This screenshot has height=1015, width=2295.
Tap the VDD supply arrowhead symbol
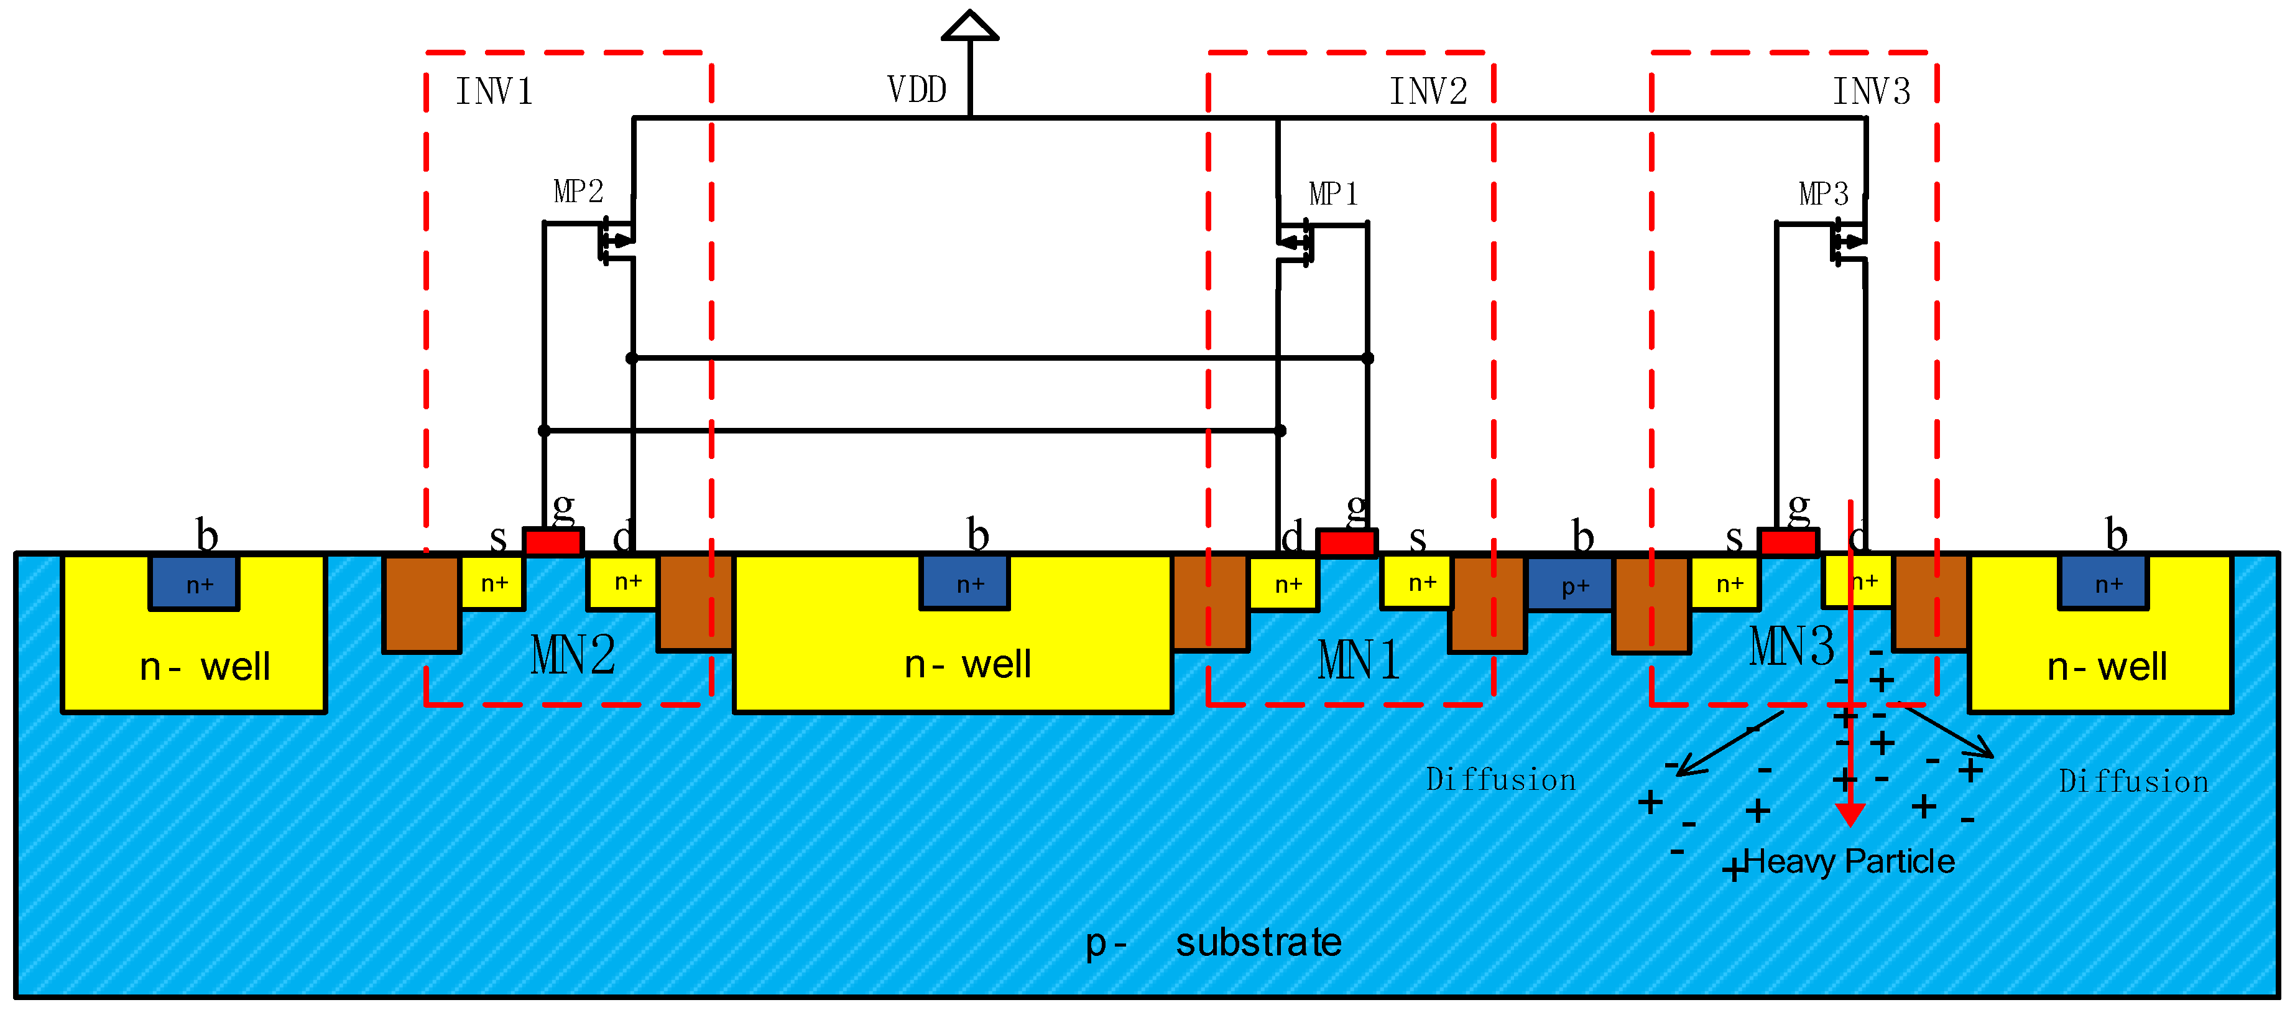pos(969,26)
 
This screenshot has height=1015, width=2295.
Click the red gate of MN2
pos(553,542)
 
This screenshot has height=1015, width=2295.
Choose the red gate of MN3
pos(1788,542)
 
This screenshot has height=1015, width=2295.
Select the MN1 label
pos(1358,661)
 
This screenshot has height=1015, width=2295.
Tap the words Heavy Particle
pos(1849,862)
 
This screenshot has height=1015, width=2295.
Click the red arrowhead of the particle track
pos(1850,813)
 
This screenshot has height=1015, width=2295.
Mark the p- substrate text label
pos(1214,942)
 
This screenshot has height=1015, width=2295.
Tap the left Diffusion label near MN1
pos(1500,780)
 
